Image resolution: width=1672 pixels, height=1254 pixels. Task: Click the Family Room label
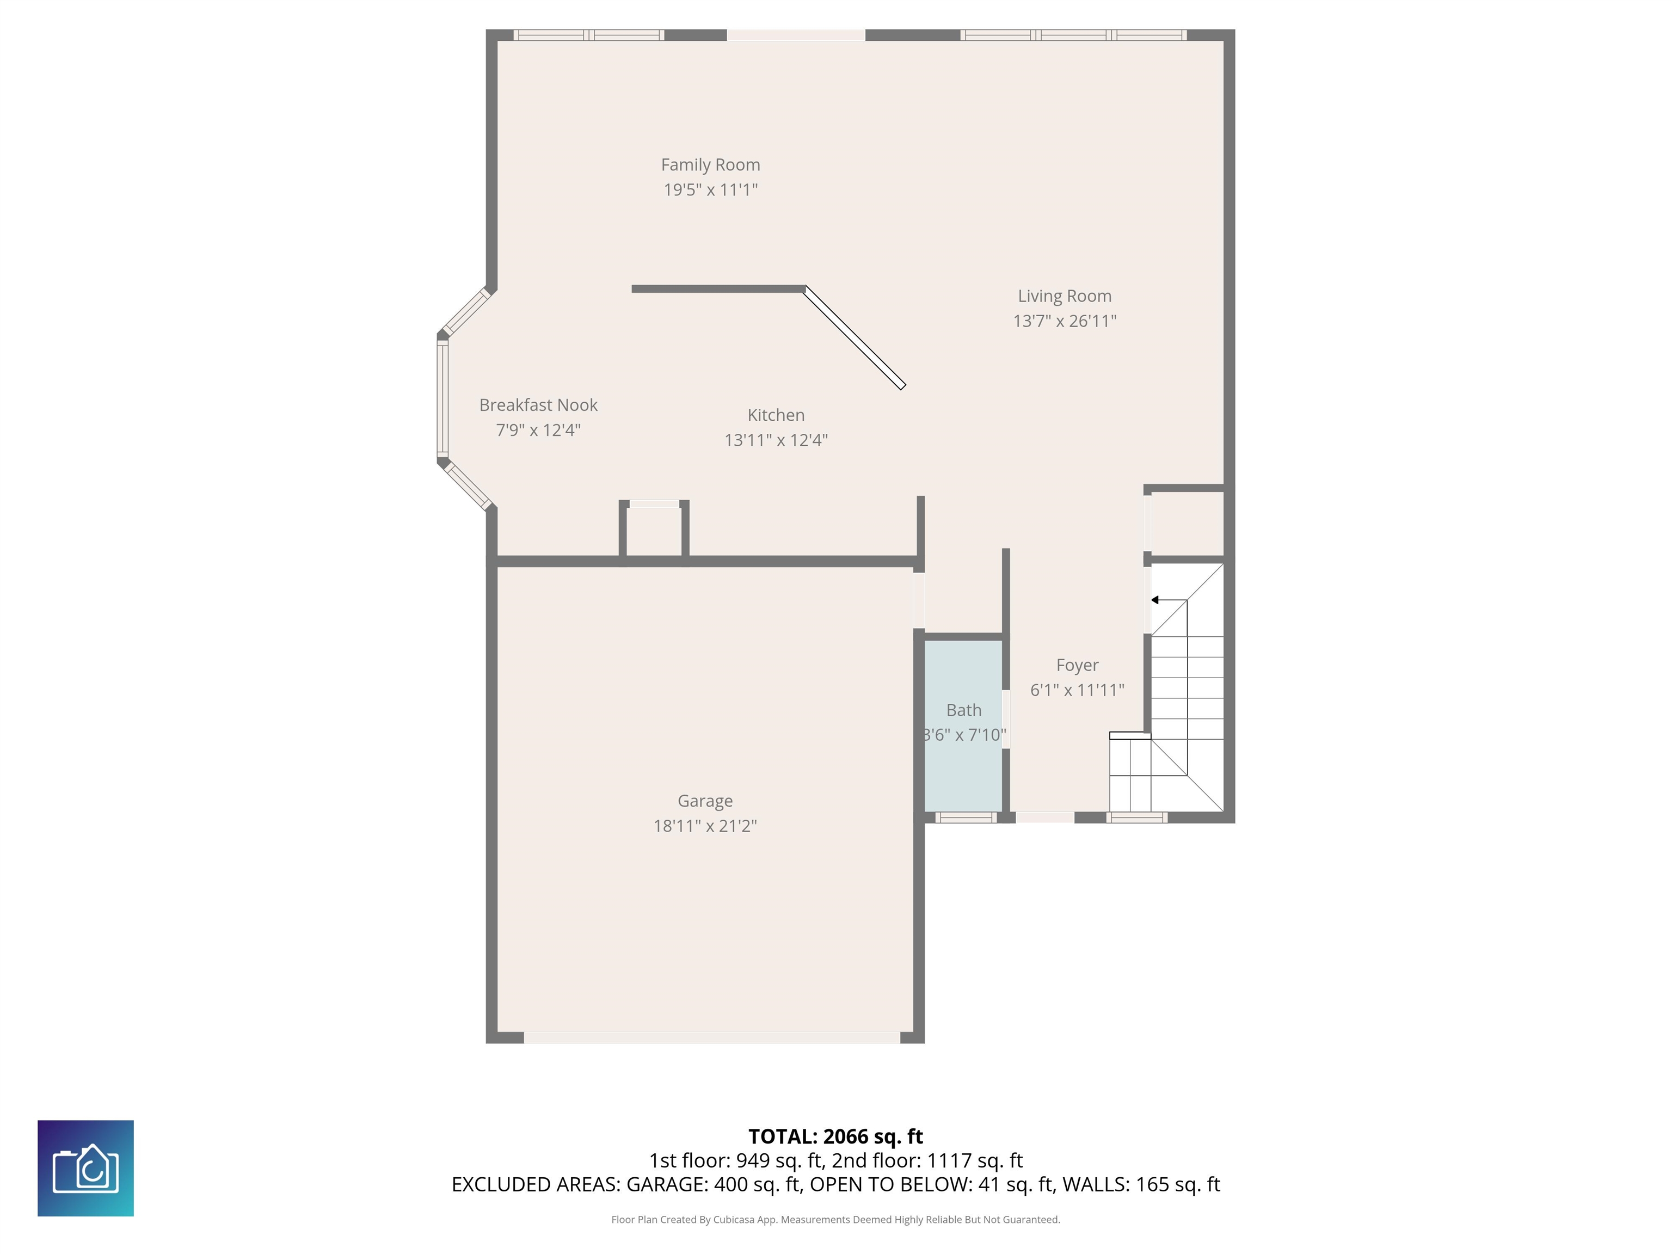tap(710, 165)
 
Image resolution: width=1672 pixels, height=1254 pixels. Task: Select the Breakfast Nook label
tap(538, 405)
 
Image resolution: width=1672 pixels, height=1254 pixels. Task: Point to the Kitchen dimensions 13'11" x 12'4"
tap(776, 440)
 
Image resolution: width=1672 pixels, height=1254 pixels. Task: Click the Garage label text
tap(705, 801)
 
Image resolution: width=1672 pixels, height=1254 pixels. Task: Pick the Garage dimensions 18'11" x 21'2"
tap(705, 826)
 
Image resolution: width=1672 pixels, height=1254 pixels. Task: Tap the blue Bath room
tap(964, 726)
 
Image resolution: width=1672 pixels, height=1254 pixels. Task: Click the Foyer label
tap(1077, 665)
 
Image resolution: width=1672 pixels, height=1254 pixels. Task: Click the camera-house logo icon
tap(85, 1168)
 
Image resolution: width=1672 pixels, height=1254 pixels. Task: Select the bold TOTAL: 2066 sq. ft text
tap(835, 1136)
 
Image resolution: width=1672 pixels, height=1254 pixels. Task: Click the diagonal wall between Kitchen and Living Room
tap(855, 337)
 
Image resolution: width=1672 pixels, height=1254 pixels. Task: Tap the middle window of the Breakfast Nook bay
tap(442, 398)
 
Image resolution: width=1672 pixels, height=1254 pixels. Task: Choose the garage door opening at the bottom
tap(712, 1038)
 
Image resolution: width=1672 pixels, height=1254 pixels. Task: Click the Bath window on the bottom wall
tap(966, 817)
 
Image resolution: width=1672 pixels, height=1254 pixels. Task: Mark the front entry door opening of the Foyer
tap(1044, 817)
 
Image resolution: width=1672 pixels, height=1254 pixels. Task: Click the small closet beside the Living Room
tap(1187, 523)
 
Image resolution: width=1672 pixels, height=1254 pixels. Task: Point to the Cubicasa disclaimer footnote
tap(835, 1219)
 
